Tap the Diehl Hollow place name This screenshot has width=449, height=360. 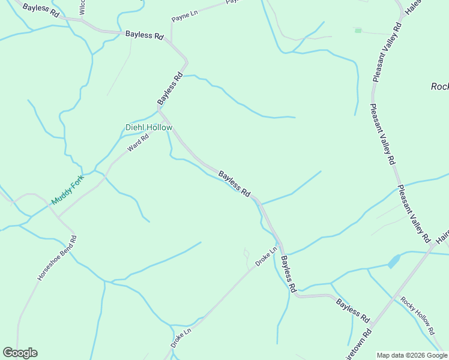click(149, 127)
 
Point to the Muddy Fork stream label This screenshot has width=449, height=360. click(65, 190)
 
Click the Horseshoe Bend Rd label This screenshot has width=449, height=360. click(58, 258)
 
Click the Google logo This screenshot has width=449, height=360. click(20, 353)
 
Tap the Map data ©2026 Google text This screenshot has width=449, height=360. click(411, 355)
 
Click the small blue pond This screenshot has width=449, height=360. click(394, 261)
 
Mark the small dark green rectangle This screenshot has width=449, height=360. click(358, 30)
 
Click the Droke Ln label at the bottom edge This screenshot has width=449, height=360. click(180, 338)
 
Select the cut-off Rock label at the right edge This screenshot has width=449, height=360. click(439, 86)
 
